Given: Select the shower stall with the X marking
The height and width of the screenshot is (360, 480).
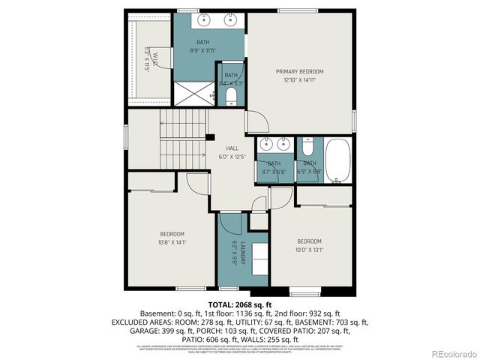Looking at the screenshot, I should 193,94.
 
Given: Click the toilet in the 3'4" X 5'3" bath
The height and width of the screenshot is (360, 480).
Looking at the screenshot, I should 231,96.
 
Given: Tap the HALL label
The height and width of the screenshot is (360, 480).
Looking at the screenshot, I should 222,148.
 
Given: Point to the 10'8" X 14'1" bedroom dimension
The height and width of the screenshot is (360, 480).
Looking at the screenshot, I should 171,242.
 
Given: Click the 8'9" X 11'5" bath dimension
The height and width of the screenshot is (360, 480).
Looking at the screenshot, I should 204,50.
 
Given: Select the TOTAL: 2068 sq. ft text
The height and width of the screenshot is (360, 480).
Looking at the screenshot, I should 240,304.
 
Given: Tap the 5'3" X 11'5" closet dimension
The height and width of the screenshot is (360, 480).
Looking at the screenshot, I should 147,58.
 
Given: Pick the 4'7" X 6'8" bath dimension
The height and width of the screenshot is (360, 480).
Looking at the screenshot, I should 274,172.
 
